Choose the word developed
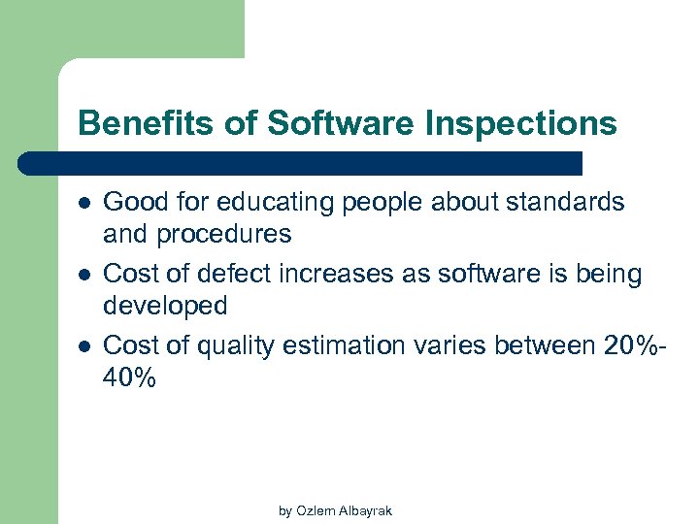coord(165,307)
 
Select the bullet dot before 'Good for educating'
coord(84,203)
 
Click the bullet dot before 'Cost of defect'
coord(84,276)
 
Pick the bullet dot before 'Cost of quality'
coord(84,345)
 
